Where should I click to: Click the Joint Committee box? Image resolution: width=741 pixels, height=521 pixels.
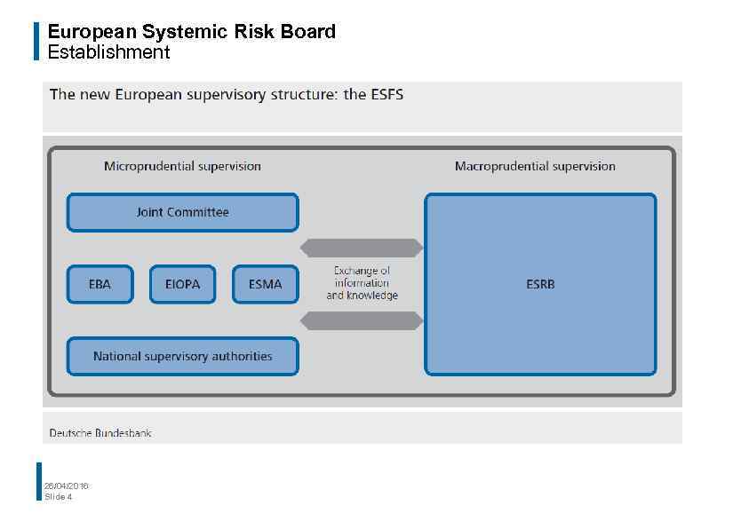[182, 213]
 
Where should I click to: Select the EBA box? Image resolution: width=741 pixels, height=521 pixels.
[100, 285]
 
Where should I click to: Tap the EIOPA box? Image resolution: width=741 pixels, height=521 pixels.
[182, 285]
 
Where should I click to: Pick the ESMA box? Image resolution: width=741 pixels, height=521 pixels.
[265, 285]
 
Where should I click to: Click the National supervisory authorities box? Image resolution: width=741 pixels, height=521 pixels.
[182, 357]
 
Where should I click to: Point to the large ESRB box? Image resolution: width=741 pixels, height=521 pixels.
[540, 285]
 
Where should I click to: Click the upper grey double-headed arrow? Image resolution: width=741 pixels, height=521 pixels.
[362, 248]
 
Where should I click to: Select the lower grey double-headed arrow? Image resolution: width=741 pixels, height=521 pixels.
[362, 320]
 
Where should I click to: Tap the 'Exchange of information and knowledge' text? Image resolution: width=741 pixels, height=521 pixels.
[362, 283]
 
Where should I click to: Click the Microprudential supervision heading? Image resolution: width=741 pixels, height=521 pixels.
[182, 166]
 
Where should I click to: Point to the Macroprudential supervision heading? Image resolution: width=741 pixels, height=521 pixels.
[535, 166]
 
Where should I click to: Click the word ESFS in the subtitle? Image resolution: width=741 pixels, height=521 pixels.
[386, 94]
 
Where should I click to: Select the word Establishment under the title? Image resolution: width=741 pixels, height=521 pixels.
[108, 52]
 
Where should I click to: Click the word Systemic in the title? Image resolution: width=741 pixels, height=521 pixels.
[186, 32]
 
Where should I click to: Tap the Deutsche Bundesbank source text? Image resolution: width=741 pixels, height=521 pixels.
[100, 433]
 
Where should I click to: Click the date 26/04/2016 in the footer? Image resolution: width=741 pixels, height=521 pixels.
[67, 485]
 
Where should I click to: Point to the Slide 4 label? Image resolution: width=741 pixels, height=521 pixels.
[59, 496]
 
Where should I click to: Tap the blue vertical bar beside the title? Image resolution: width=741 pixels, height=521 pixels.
[37, 41]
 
